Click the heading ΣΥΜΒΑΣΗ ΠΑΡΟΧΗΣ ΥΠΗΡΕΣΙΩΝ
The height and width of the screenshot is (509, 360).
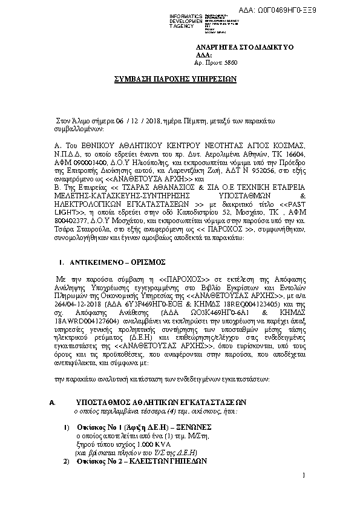(x=175, y=79)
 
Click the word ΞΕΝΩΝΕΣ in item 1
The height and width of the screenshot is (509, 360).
(x=182, y=427)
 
